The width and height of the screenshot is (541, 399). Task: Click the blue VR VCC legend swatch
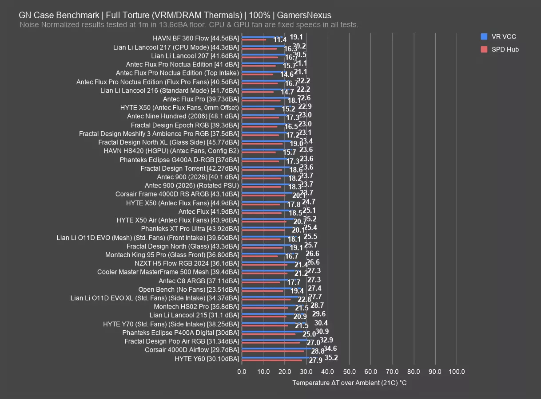pyautogui.click(x=484, y=37)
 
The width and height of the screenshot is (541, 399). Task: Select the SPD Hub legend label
pyautogui.click(x=505, y=50)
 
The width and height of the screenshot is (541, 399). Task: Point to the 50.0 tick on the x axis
pyautogui.click(x=349, y=372)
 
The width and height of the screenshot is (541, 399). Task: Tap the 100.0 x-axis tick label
pyautogui.click(x=457, y=372)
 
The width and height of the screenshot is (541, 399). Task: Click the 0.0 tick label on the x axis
pyautogui.click(x=242, y=372)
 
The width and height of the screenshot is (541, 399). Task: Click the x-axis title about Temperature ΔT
pyautogui.click(x=349, y=383)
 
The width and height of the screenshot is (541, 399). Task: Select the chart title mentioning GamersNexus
pyautogui.click(x=175, y=16)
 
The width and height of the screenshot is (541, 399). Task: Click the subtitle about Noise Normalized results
pyautogui.click(x=189, y=25)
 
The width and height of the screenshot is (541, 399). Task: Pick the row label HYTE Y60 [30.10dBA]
pyautogui.click(x=207, y=359)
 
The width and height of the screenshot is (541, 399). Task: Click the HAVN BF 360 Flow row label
pyautogui.click(x=196, y=38)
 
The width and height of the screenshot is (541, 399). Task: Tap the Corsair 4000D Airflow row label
pyautogui.click(x=192, y=350)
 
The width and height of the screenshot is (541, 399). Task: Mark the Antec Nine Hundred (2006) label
pyautogui.click(x=183, y=116)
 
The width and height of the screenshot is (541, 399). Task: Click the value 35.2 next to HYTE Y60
pyautogui.click(x=331, y=358)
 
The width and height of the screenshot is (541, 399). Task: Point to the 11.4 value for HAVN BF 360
pyautogui.click(x=279, y=40)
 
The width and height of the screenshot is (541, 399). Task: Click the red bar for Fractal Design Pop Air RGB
pyautogui.click(x=270, y=343)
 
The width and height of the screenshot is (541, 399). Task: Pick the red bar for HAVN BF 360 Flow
pyautogui.click(x=254, y=40)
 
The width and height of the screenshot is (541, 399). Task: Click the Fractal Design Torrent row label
pyautogui.click(x=190, y=168)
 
